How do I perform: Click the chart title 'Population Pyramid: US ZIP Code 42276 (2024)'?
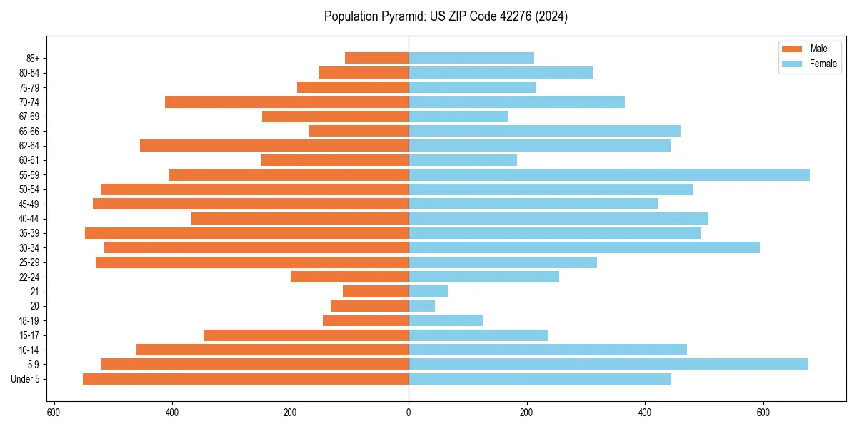(x=446, y=16)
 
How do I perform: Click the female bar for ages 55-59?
(x=608, y=174)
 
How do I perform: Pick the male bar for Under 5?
(x=246, y=379)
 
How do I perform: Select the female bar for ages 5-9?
(x=608, y=364)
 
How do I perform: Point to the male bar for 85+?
(x=376, y=58)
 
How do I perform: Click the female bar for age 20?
(x=421, y=306)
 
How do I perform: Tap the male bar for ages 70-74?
(x=286, y=102)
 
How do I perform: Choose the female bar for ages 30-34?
(x=583, y=247)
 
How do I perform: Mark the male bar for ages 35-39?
(x=246, y=233)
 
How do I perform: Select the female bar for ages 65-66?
(x=544, y=131)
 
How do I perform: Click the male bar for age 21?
(x=376, y=291)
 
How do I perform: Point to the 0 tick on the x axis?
(x=409, y=413)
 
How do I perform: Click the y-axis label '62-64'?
(x=29, y=146)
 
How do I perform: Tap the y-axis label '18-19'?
(x=29, y=320)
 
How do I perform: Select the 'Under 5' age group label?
(x=26, y=379)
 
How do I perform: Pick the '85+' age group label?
(x=31, y=58)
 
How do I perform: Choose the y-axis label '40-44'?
(x=29, y=219)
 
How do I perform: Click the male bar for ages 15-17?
(x=306, y=335)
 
